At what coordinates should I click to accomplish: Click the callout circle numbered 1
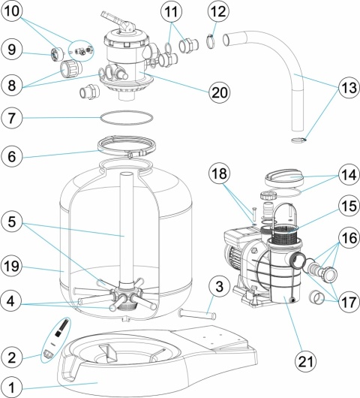[12, 387]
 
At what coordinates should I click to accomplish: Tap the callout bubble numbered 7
[12, 118]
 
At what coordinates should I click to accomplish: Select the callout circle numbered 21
[306, 362]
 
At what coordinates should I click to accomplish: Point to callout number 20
[220, 92]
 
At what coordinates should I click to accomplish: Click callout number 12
[218, 11]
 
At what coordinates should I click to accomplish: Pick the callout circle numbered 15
[349, 205]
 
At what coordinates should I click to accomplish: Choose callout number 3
[220, 286]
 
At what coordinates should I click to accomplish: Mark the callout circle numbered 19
[12, 267]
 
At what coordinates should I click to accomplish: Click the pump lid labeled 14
[284, 178]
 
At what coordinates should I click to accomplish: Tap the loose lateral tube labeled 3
[197, 314]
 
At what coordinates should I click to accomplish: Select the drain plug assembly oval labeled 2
[55, 339]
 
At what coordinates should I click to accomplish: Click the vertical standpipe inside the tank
[126, 228]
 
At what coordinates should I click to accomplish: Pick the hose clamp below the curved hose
[299, 140]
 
